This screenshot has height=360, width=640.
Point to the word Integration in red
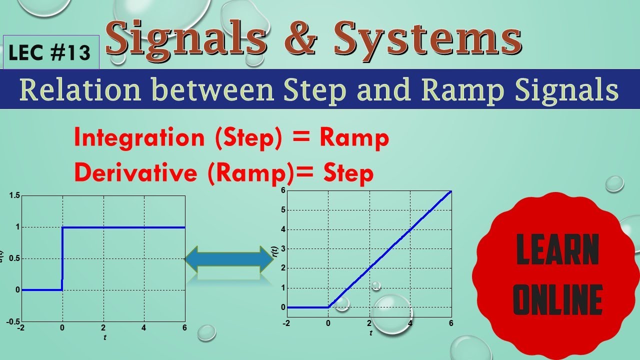[x=138, y=137]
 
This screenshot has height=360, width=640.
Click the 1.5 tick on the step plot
[x=14, y=195]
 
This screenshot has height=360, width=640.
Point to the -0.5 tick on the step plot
[x=12, y=321]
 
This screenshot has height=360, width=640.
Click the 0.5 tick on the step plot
[x=14, y=258]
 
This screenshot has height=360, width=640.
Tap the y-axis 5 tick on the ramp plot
[x=282, y=210]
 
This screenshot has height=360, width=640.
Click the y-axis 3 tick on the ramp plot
[x=282, y=249]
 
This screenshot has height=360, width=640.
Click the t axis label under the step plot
[x=104, y=337]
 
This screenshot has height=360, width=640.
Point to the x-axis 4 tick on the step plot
[x=144, y=328]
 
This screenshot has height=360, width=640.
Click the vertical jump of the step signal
[x=62, y=258]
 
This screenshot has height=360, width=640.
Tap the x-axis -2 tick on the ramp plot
[x=286, y=323]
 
